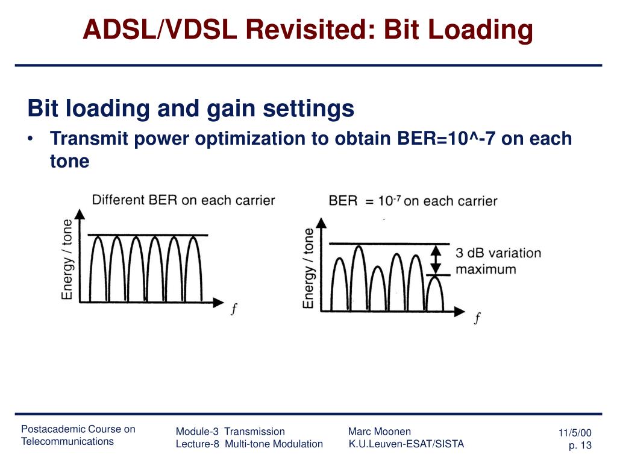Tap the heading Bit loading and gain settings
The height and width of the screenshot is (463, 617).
coord(190,109)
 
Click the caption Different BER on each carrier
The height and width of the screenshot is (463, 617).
coord(183,200)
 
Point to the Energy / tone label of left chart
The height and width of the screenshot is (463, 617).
coord(67,260)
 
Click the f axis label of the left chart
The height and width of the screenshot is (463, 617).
coord(233,309)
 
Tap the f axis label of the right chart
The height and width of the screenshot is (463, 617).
coord(477,318)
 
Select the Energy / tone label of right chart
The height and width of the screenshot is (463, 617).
coord(308,268)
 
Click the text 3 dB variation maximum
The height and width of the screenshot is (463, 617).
coord(498,261)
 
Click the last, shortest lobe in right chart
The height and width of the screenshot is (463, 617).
coord(434,294)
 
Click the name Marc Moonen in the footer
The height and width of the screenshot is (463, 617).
coord(379,431)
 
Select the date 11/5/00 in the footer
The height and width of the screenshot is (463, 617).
coord(575,433)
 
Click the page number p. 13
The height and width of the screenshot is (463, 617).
coord(580,446)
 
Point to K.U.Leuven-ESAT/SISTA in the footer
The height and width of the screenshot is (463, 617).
coord(406,444)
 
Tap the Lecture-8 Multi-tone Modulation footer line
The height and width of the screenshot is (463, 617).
coord(249,444)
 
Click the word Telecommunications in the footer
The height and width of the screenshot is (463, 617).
coord(67,441)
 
